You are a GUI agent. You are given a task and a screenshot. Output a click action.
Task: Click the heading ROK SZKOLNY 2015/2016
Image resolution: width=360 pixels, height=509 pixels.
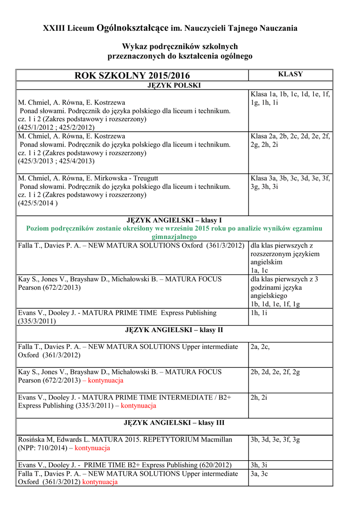[132, 76]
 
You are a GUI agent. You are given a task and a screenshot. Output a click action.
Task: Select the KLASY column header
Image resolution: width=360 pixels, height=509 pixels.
[290, 74]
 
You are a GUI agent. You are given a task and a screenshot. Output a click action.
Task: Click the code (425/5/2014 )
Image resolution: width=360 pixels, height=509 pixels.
[38, 203]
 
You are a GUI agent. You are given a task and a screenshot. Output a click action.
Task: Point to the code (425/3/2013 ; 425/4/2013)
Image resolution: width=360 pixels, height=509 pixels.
[56, 161]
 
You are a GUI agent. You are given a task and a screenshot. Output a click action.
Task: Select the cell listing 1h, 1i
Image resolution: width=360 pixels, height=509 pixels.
[259, 313]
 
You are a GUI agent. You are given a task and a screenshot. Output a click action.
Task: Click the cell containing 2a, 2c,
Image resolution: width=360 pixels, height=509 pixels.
[260, 346]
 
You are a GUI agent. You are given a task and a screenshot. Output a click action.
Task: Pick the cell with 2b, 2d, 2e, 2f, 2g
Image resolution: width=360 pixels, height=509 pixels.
[275, 371]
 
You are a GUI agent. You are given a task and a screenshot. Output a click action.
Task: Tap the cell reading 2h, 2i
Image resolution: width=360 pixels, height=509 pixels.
[259, 397]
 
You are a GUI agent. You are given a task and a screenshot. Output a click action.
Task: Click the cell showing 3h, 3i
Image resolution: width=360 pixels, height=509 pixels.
[259, 465]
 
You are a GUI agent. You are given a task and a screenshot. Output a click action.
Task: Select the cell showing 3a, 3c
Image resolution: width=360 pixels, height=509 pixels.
[259, 474]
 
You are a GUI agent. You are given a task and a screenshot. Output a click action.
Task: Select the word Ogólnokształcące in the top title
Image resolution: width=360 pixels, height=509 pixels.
[132, 28]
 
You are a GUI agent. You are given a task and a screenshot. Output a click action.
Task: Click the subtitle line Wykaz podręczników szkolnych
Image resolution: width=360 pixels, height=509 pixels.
[180, 46]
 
